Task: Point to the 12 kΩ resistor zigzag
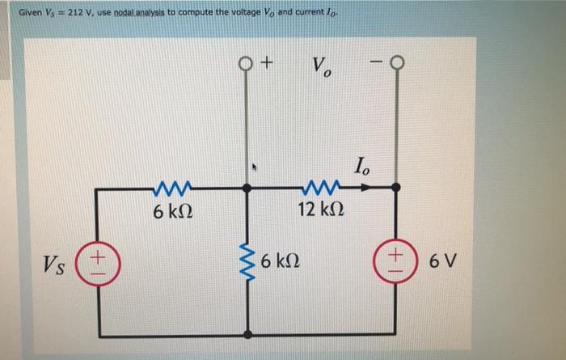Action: coord(312,188)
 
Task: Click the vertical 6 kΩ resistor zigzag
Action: coord(247,261)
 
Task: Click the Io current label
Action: coord(363,168)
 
